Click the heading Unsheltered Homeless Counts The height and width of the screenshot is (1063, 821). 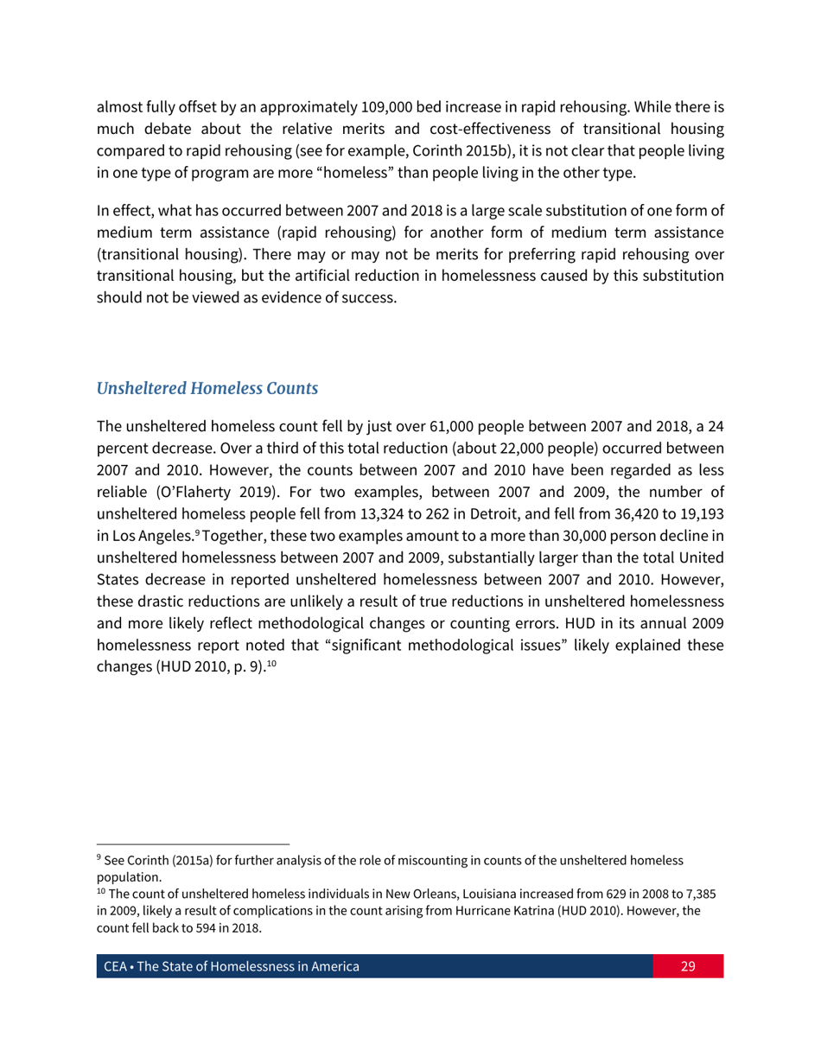click(x=207, y=389)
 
